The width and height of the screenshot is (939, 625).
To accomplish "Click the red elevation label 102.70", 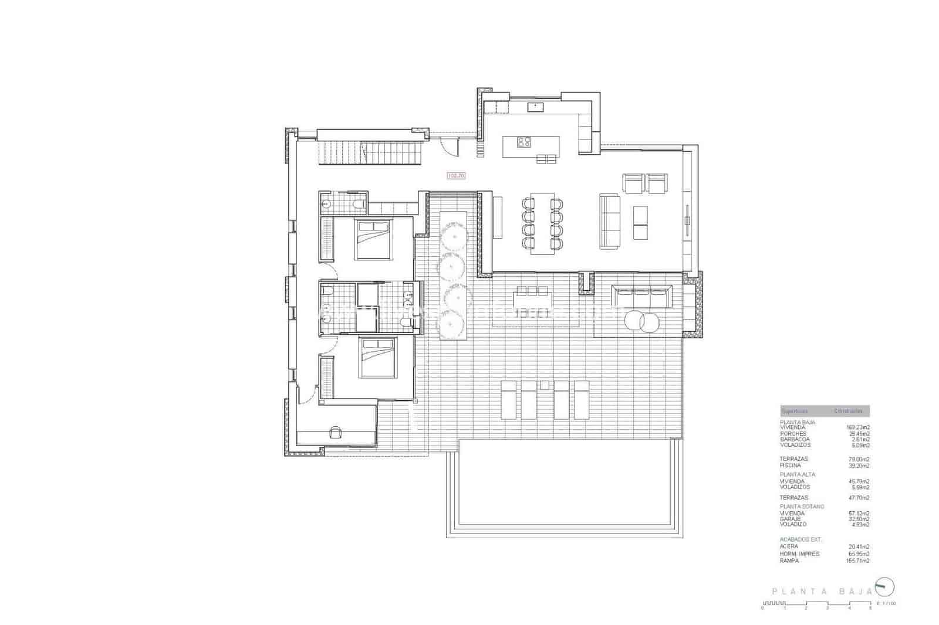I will click(456, 175).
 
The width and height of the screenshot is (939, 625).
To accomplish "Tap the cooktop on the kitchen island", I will click(524, 141).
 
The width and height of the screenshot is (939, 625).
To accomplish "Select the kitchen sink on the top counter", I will click(535, 106).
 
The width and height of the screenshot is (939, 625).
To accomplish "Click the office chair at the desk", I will click(336, 432).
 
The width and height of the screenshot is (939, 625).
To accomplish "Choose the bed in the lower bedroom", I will click(376, 358).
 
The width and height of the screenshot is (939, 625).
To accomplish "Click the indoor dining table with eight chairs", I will click(543, 223).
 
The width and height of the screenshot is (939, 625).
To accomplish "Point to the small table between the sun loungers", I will click(546, 385).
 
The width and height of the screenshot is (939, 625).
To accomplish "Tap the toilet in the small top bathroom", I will click(357, 204).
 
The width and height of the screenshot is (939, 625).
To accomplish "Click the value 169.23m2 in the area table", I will click(857, 427).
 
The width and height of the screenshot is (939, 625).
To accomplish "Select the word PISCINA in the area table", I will click(790, 466).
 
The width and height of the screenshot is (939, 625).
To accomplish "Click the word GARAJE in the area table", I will click(790, 519).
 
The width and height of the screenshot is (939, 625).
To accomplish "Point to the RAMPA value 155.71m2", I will click(857, 561).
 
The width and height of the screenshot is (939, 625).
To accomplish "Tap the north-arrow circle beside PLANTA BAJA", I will click(884, 586).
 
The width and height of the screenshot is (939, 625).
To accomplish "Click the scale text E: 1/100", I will click(886, 603).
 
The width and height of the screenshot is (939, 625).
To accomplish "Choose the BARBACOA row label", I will click(795, 439).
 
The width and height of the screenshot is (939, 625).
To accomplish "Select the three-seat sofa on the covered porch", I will click(641, 296).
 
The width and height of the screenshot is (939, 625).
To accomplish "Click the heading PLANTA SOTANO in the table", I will click(802, 506).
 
